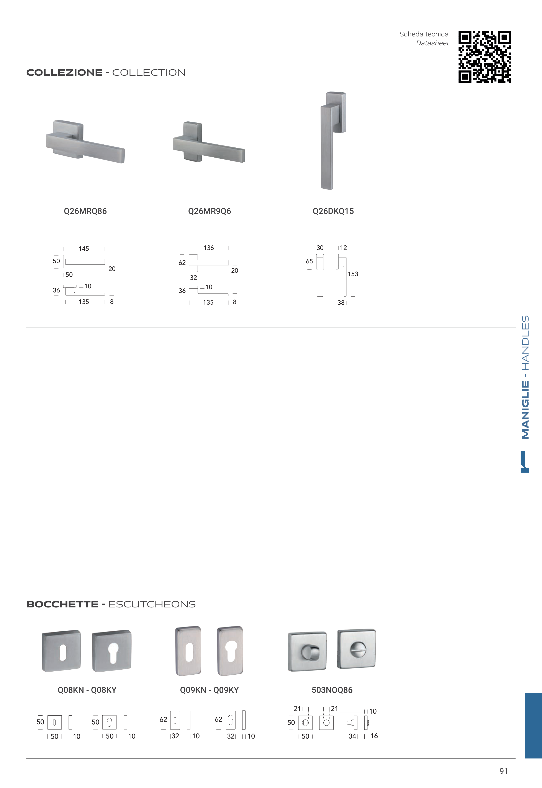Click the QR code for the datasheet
click(485, 57)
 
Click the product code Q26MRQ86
click(85, 211)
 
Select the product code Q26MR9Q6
click(210, 211)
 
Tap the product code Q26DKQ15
click(333, 211)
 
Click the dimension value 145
click(84, 249)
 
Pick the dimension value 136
click(208, 248)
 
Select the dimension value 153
click(353, 274)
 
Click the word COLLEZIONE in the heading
click(65, 73)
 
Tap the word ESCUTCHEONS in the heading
click(152, 604)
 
